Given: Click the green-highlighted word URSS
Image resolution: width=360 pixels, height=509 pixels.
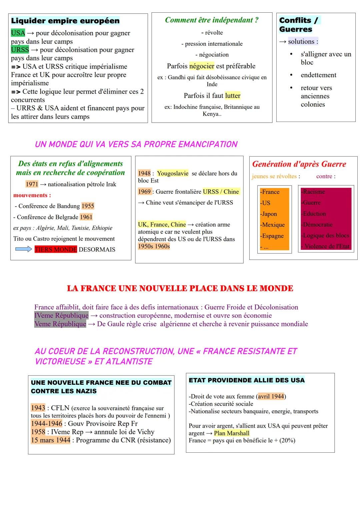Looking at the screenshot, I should [x=20, y=50].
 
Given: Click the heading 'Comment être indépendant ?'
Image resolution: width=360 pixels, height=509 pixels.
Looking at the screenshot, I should [x=212, y=20].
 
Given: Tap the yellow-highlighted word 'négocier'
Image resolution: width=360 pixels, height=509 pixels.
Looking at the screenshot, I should [x=202, y=66].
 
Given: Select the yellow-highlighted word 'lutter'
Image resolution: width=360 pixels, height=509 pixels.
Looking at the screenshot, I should [x=233, y=96].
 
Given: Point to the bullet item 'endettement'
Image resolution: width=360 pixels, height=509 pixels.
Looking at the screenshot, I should [x=318, y=75].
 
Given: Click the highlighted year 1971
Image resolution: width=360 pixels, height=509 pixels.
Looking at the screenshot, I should [x=32, y=184].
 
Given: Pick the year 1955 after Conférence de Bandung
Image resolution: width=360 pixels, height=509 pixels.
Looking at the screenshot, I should [x=88, y=206].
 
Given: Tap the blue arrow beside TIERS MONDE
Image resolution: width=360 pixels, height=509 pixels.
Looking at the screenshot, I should [x=24, y=249].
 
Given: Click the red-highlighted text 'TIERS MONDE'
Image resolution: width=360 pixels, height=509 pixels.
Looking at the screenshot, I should [x=56, y=250].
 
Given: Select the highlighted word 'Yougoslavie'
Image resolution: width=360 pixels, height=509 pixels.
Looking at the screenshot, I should [x=173, y=173].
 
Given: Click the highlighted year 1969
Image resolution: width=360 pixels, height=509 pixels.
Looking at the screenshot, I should [x=144, y=192].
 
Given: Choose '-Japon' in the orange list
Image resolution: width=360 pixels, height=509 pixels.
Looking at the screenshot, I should [x=269, y=214].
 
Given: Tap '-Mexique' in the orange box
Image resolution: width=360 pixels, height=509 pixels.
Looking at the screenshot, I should [x=272, y=225].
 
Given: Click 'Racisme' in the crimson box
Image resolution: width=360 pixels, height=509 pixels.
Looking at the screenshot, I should [x=314, y=192].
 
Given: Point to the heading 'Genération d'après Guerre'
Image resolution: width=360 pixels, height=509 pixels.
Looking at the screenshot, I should [x=299, y=164].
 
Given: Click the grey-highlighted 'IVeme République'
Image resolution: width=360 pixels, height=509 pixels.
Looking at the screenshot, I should [x=61, y=315].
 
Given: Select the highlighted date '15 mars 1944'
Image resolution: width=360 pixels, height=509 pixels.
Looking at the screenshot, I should [x=51, y=440].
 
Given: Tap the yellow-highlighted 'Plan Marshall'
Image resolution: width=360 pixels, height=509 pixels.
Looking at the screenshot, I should [x=231, y=433].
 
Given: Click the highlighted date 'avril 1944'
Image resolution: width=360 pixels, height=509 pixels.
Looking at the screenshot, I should [x=271, y=396].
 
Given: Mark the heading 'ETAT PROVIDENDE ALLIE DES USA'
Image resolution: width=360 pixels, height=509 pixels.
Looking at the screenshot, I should [x=246, y=380].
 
